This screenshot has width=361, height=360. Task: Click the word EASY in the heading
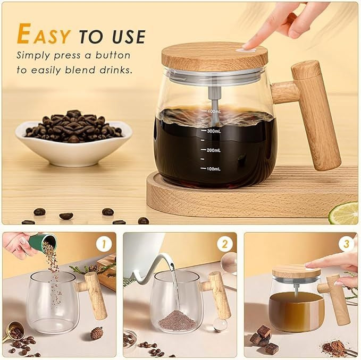tap(44, 35)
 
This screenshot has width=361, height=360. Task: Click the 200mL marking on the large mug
tap(213, 150)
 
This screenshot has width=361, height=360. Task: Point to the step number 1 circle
tap(104, 244)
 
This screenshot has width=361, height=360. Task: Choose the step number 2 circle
tap(225, 244)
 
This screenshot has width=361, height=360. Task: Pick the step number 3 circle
tap(346, 244)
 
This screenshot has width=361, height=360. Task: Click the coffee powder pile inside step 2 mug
tap(178, 321)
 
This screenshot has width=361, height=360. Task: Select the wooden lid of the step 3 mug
tap(296, 272)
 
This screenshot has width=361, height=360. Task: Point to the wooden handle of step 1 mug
tap(94, 295)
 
